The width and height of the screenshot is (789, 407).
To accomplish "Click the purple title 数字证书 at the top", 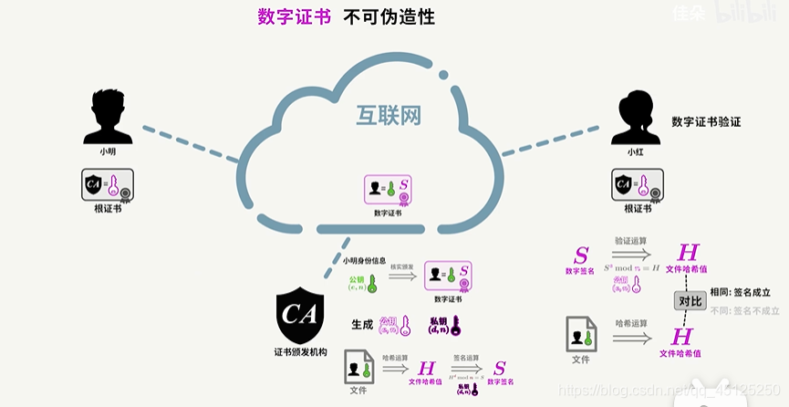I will coord(294,16).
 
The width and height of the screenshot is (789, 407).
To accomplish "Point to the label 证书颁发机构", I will coord(300,351).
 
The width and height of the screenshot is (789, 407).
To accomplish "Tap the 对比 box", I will coord(690,300).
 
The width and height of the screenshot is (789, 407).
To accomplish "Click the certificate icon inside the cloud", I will coord(387,190).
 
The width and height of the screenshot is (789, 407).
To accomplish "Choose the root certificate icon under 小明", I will coord(108,185).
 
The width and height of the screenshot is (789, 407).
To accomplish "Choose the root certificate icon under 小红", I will coord(637,186).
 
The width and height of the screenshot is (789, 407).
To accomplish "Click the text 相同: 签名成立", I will coord(743,292).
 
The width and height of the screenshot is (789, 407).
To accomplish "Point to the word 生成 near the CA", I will coord(362,324).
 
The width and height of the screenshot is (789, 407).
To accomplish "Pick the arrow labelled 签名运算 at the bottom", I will coord(467,369).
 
